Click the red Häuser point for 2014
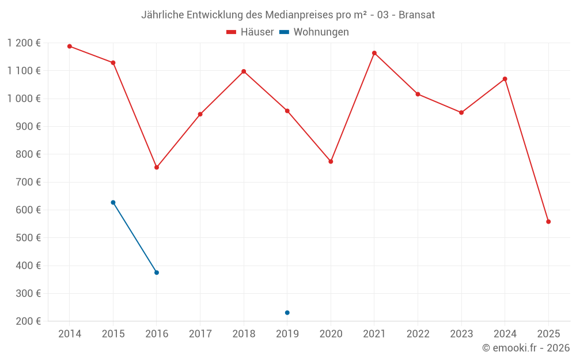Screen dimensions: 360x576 click(70, 46)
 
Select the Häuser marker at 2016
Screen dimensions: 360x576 click(157, 167)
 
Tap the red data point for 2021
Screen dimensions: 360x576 click(374, 53)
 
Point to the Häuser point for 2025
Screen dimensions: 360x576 click(548, 222)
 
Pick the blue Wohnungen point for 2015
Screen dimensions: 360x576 click(113, 202)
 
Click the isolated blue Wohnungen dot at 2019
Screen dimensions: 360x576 click(287, 313)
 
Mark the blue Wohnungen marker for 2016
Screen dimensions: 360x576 click(157, 272)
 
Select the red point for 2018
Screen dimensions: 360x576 click(244, 71)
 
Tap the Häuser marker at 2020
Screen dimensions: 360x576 click(331, 161)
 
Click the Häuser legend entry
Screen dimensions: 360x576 click(250, 32)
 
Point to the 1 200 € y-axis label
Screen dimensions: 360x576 click(24, 43)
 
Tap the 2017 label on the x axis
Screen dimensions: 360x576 click(200, 334)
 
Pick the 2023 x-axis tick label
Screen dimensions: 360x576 click(461, 334)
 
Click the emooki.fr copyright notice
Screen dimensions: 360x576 click(525, 348)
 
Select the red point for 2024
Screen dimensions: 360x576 click(505, 79)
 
